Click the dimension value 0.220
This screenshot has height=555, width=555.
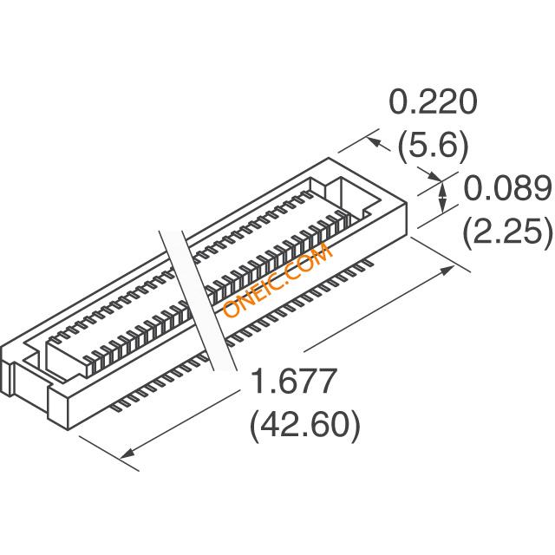coord(433,101)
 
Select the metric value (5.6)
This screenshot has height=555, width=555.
coord(433,146)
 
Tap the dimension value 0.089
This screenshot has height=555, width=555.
coord(507,188)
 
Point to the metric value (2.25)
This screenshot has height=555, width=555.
coord(507,232)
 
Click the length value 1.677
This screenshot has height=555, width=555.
coord(293,381)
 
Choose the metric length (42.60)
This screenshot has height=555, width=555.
coord(304,425)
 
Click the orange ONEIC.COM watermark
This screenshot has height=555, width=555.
coord(277,280)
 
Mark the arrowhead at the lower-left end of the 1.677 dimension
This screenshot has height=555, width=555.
coord(127,454)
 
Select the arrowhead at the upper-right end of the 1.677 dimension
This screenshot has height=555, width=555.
coord(447,270)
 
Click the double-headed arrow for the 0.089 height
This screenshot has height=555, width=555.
coord(442,198)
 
